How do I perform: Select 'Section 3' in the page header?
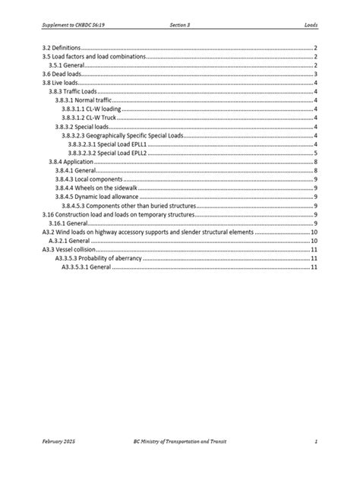click(x=180, y=24)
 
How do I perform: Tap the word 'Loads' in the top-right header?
click(x=311, y=24)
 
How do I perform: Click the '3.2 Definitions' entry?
click(x=62, y=48)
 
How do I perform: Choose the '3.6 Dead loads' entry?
click(x=60, y=74)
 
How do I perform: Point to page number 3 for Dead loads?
click(x=315, y=74)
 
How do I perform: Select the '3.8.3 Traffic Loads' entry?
click(x=73, y=92)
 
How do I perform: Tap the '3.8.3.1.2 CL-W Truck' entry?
click(x=89, y=118)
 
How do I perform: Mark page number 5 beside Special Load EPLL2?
click(x=315, y=153)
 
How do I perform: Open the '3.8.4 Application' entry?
click(x=71, y=162)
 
